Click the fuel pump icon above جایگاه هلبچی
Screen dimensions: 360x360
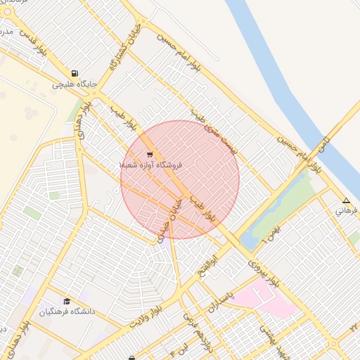click(x=75, y=73)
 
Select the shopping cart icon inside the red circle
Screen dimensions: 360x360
click(x=150, y=155)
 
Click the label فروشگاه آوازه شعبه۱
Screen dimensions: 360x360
click(x=150, y=165)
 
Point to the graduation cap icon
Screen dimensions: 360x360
click(x=67, y=301)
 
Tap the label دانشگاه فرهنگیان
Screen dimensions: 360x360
click(x=67, y=311)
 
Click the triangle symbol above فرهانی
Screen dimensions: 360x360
click(x=345, y=200)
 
